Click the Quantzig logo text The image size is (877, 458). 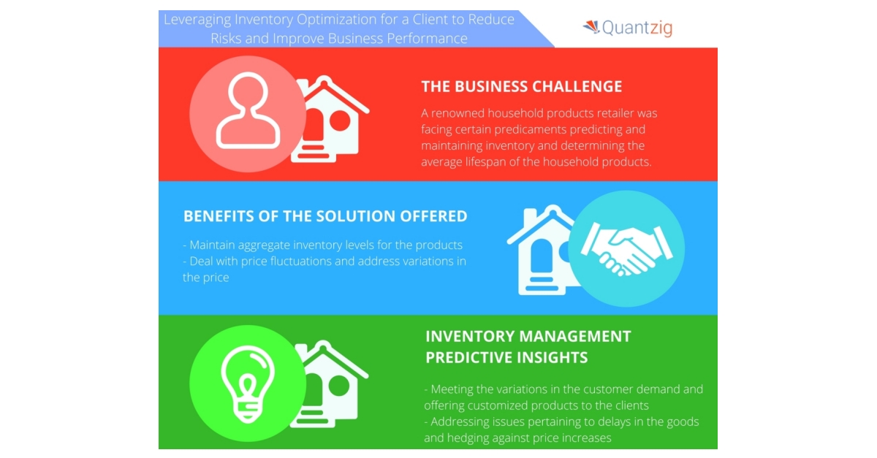(637, 28)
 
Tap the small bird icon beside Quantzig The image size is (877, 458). (591, 26)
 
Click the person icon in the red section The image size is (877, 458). (248, 111)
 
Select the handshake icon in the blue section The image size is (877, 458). (627, 248)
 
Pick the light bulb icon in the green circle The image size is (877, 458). (248, 384)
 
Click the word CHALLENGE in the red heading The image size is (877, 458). (577, 86)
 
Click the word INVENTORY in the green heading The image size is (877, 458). (465, 336)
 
